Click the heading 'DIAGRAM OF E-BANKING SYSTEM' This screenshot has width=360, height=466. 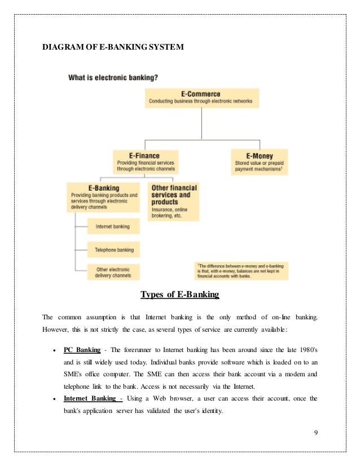click(113, 47)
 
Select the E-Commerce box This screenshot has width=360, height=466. click(201, 98)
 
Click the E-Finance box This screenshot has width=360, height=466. click(145, 161)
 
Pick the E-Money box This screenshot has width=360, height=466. click(259, 161)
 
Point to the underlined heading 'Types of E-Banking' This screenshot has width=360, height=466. click(179, 295)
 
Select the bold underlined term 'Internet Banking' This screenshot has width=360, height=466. click(93, 398)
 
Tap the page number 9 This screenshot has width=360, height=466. click(316, 432)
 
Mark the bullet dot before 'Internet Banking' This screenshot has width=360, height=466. click(52, 399)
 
